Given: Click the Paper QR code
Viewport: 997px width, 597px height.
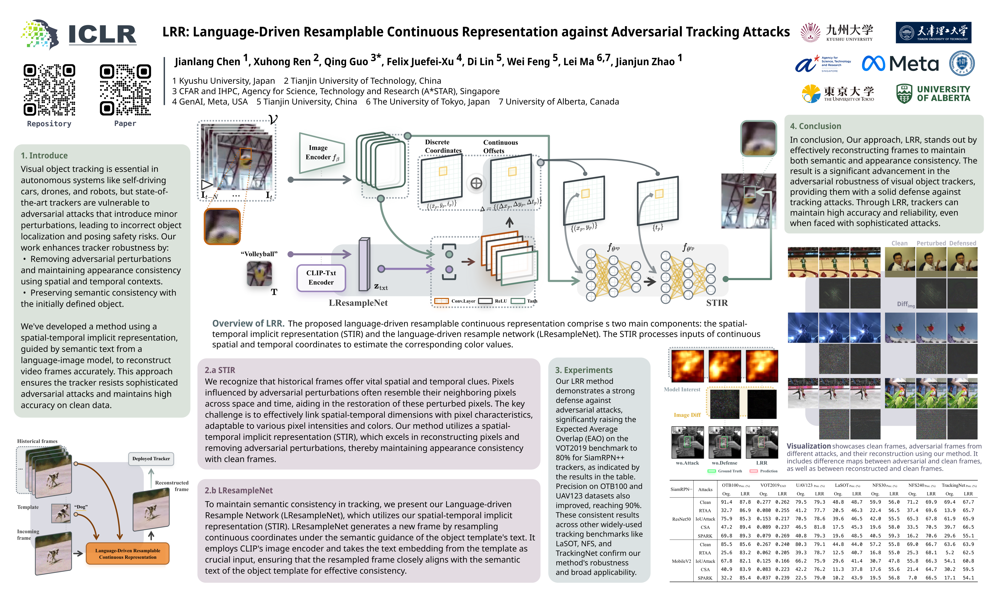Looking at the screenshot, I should (125, 90).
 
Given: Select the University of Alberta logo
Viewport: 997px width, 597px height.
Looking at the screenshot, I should (933, 94).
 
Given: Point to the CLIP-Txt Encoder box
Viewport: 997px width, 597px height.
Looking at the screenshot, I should (321, 278).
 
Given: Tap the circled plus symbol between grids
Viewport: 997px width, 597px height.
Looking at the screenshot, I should (476, 183).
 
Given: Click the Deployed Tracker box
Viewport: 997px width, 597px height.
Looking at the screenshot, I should (151, 459).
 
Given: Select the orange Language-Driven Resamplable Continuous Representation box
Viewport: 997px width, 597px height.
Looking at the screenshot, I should (127, 553).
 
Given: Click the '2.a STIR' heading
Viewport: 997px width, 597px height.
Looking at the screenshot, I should (220, 370).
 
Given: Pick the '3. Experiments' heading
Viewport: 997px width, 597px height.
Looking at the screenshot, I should (584, 370).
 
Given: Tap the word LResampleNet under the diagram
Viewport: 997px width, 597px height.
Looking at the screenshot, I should (358, 303).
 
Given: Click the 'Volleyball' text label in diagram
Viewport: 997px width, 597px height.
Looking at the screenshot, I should (259, 254).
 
